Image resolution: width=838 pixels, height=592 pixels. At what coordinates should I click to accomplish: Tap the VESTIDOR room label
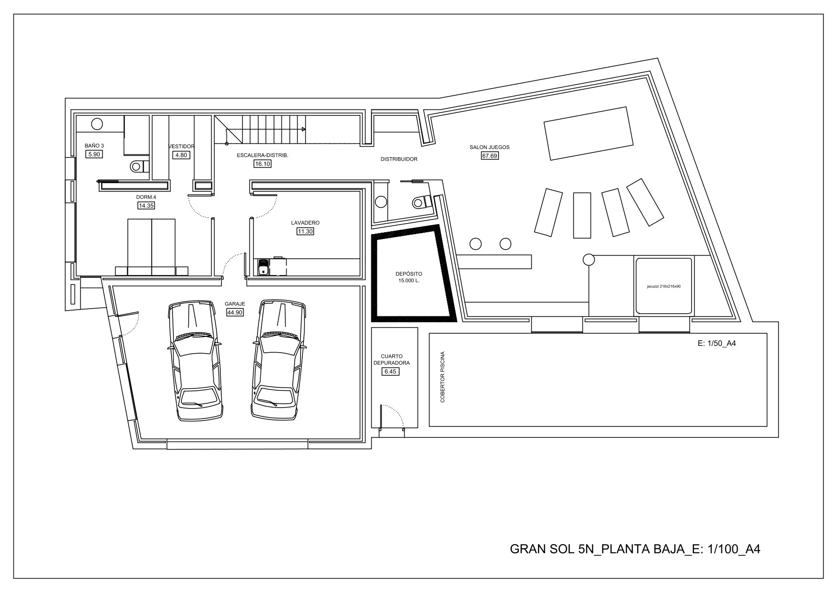[x=182, y=146]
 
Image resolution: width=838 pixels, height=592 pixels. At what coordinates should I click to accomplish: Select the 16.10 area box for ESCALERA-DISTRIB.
[x=262, y=164]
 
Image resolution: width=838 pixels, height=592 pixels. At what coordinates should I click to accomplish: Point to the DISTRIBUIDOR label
[x=399, y=159]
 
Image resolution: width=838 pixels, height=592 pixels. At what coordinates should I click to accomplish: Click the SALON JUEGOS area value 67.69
[x=490, y=155]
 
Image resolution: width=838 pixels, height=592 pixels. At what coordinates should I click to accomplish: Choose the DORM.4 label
[x=146, y=197]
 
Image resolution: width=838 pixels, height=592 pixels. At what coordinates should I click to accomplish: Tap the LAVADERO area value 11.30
[x=305, y=231]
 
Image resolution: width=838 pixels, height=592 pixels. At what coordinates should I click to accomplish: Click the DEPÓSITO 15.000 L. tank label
[x=409, y=277]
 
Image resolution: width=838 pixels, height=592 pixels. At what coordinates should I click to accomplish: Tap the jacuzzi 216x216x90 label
[x=663, y=286]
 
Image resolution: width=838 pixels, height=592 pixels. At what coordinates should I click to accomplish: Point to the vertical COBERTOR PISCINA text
[x=443, y=377]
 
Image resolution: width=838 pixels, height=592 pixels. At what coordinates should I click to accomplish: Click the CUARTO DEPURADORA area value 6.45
[x=391, y=371]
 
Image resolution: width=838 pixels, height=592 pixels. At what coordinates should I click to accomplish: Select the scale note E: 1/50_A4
[x=716, y=343]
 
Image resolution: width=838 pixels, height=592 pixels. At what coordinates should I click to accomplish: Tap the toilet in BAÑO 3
[x=139, y=166]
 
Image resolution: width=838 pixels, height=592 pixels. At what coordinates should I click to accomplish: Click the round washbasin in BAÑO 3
[x=97, y=124]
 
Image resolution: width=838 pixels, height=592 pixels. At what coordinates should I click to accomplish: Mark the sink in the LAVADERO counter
[x=263, y=267]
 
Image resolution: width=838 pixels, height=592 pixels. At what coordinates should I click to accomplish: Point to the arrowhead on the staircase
[x=303, y=129]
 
